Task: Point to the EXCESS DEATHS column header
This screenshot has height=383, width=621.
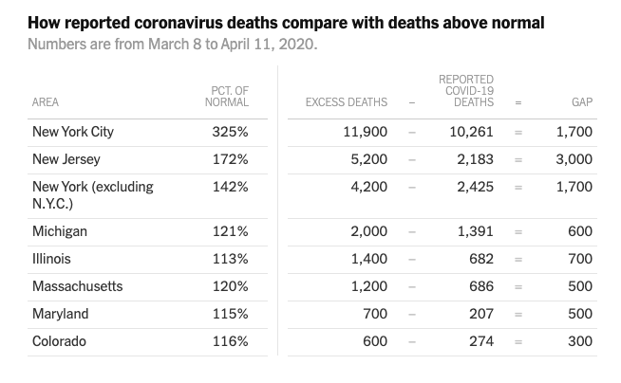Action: tap(347, 102)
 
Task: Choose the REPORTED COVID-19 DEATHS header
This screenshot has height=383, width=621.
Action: tap(465, 91)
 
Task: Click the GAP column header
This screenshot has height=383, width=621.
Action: tap(581, 102)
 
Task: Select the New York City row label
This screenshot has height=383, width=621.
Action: tap(73, 132)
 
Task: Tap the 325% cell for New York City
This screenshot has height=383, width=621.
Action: tap(230, 132)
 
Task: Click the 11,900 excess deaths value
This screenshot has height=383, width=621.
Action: tap(365, 132)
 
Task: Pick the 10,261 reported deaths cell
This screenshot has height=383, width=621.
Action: tap(471, 132)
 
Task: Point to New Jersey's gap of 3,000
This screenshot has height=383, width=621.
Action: tap(574, 159)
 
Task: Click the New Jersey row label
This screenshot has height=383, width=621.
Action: tap(66, 159)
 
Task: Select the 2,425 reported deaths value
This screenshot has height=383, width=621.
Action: tap(475, 187)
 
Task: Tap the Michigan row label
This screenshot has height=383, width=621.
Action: tap(59, 231)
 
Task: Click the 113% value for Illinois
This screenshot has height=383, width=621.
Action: tap(230, 259)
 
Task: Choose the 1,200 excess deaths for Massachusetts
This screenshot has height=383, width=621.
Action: tap(368, 286)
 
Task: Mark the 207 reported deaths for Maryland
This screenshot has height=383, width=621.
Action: tap(480, 314)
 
